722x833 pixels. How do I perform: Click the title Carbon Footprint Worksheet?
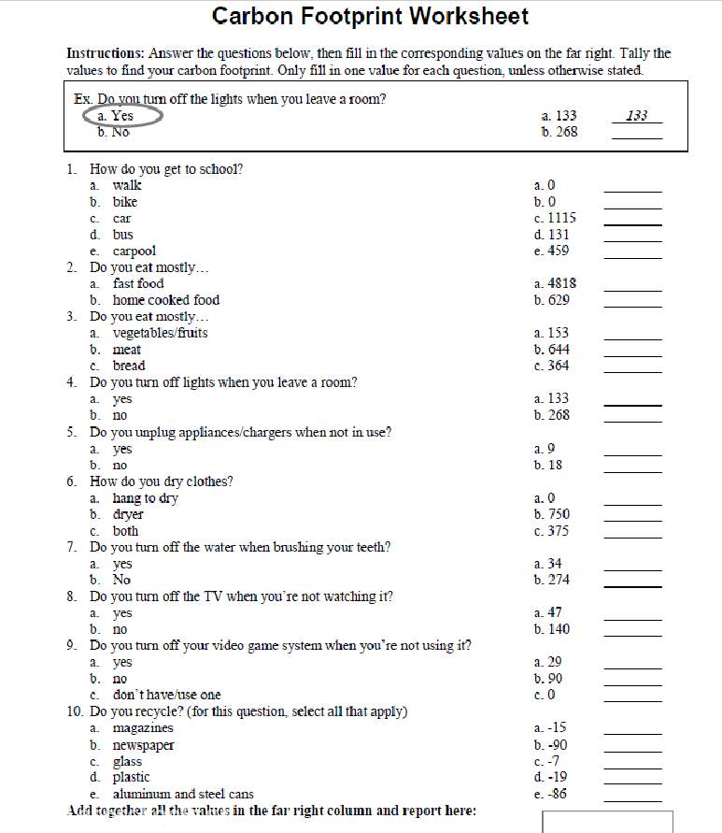[x=370, y=16]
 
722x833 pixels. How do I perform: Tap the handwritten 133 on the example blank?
[x=637, y=116]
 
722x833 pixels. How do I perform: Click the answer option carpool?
[x=134, y=251]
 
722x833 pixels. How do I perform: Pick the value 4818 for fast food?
[x=555, y=283]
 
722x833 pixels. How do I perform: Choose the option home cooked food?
[x=165, y=300]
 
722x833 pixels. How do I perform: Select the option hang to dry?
[x=145, y=498]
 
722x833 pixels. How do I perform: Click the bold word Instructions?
[x=104, y=54]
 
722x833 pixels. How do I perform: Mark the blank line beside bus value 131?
[x=632, y=240]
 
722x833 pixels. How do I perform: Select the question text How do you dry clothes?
[x=161, y=481]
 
